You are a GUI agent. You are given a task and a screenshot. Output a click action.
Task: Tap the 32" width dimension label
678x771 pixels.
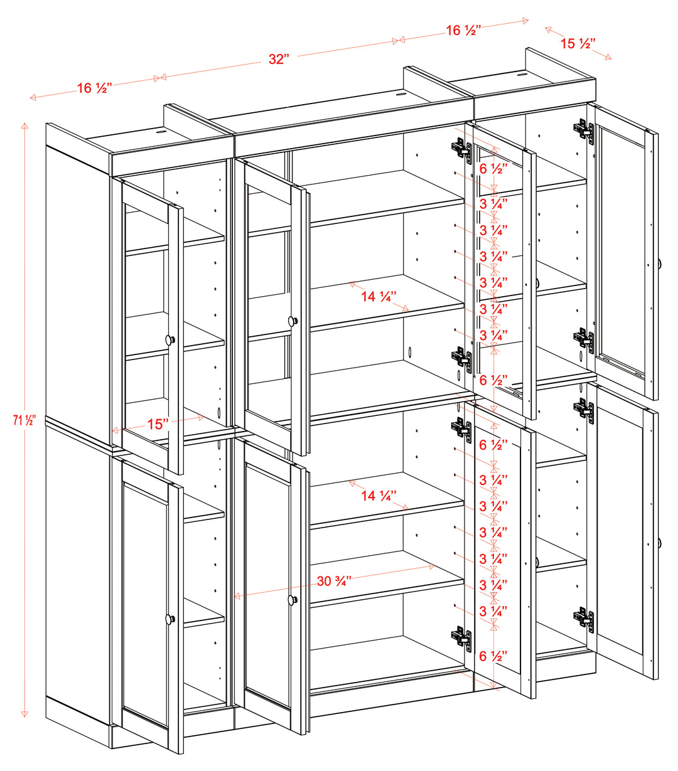(x=278, y=59)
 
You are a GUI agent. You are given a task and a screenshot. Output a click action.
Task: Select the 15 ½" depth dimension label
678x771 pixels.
(x=578, y=43)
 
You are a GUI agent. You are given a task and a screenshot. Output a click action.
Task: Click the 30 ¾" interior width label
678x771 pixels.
(x=333, y=582)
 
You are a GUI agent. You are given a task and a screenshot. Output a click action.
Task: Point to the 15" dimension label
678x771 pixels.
(x=158, y=424)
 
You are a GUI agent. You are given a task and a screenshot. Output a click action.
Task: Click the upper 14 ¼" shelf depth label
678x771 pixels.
(x=379, y=297)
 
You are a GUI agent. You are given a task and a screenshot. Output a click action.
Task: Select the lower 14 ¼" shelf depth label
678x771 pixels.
(x=379, y=496)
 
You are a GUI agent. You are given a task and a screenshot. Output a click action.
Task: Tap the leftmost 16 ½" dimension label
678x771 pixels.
(x=94, y=88)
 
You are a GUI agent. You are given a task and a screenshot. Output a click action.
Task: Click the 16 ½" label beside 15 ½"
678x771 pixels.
(x=463, y=30)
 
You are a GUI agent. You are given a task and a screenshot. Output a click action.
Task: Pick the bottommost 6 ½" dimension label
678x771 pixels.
(x=493, y=656)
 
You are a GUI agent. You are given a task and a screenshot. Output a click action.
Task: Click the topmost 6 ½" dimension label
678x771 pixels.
(x=493, y=169)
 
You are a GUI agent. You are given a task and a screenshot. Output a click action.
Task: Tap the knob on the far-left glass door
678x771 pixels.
(x=169, y=339)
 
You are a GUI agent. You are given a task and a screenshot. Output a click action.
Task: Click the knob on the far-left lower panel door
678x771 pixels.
(x=169, y=619)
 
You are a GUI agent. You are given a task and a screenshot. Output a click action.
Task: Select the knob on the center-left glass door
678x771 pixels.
(x=292, y=321)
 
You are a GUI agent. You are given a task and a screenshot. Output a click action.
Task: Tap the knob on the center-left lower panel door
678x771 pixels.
(x=292, y=600)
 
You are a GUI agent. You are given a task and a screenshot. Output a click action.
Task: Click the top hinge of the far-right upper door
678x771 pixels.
(x=583, y=130)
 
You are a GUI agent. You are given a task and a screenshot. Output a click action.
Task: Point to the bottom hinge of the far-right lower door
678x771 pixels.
(x=583, y=617)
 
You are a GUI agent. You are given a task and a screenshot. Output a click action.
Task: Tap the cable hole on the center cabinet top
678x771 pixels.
(x=399, y=95)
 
